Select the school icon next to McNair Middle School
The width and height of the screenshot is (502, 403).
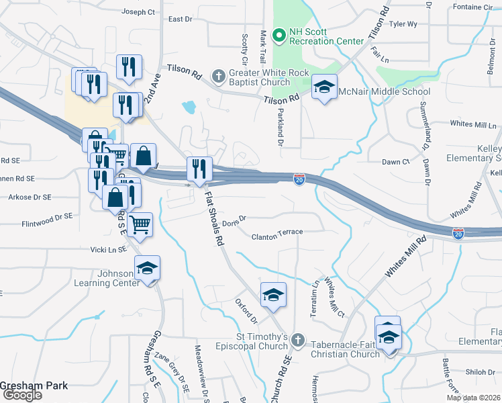[x=325, y=87]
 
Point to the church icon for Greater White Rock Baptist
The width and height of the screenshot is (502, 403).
[x=218, y=77]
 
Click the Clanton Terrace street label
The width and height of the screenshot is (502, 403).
[x=277, y=232]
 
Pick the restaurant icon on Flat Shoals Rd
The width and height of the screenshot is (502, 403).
[x=199, y=171]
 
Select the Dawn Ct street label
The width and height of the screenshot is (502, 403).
[x=395, y=162]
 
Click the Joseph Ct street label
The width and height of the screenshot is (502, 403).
[x=139, y=12]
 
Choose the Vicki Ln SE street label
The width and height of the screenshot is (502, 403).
[x=109, y=249]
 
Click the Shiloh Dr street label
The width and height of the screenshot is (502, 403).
[x=480, y=372]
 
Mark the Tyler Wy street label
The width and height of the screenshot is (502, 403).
[x=403, y=24]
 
